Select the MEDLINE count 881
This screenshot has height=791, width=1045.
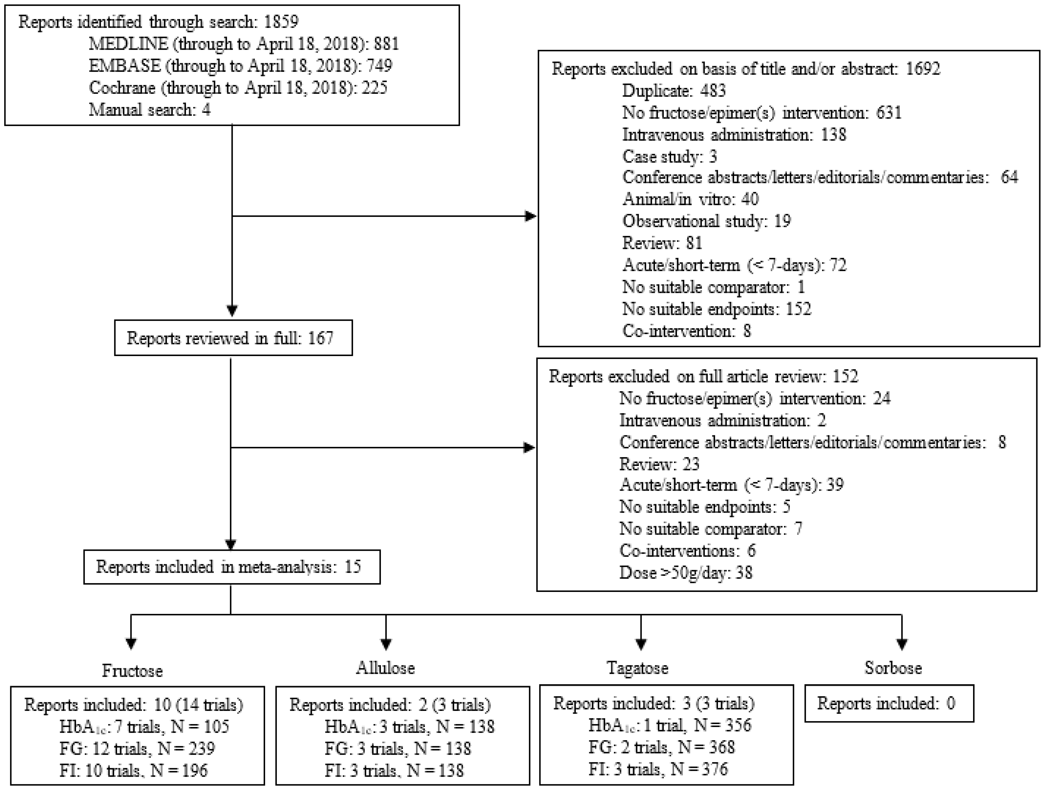click(x=386, y=44)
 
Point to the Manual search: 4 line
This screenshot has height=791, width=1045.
click(x=149, y=110)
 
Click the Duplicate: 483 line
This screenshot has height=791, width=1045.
click(x=674, y=91)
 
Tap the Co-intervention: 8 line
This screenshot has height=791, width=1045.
click(x=686, y=331)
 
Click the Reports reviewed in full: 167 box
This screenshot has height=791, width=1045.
click(x=233, y=338)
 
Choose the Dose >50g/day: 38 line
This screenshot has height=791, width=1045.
click(x=685, y=573)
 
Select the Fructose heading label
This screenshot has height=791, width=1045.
click(x=132, y=671)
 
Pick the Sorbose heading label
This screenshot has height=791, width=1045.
click(x=893, y=668)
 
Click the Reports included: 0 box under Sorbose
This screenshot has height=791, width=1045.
click(x=889, y=704)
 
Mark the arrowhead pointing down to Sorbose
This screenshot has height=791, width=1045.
click(x=902, y=644)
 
